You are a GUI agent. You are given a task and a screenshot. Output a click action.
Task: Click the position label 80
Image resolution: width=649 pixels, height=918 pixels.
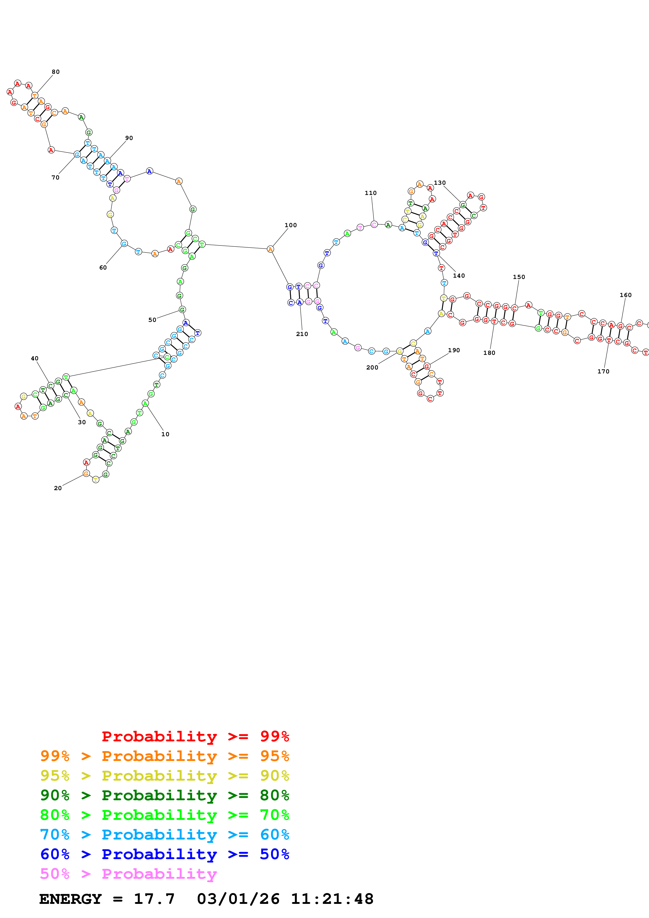(56, 72)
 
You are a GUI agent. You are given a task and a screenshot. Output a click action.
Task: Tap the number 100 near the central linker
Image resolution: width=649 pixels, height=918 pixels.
(291, 225)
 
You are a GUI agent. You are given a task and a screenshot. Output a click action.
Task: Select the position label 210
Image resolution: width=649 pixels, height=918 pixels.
(302, 334)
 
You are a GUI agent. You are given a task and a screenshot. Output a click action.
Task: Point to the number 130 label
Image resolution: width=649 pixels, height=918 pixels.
(440, 183)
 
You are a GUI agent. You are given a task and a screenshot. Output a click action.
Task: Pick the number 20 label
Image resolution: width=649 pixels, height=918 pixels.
(58, 488)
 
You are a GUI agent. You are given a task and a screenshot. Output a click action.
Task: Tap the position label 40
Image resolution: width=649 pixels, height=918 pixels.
(35, 358)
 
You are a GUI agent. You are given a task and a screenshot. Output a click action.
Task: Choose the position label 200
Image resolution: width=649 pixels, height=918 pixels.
(372, 367)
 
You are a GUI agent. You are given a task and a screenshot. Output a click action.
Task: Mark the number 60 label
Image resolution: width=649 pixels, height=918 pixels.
(103, 267)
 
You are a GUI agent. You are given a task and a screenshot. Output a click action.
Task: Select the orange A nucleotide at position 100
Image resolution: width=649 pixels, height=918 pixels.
(270, 249)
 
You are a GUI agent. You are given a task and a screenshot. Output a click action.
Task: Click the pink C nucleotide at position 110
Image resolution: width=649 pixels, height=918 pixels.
(374, 224)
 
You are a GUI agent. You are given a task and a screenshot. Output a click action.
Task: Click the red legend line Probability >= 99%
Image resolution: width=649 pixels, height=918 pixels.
(195, 736)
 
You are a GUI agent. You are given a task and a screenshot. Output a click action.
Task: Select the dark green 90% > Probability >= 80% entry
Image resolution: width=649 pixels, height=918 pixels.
(165, 795)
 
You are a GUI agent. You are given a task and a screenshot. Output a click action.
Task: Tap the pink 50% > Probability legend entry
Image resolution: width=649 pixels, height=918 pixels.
(128, 874)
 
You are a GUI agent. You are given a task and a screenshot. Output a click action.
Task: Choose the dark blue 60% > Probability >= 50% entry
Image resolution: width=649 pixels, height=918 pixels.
(165, 854)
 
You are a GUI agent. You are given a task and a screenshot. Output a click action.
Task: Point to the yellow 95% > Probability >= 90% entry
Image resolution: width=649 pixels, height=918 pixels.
(165, 776)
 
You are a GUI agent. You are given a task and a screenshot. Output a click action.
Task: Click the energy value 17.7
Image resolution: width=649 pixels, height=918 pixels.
(154, 899)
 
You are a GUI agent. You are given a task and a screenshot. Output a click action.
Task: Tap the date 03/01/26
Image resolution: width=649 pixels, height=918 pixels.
(238, 899)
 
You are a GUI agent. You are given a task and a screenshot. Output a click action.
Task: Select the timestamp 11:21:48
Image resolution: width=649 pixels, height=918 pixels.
(332, 899)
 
